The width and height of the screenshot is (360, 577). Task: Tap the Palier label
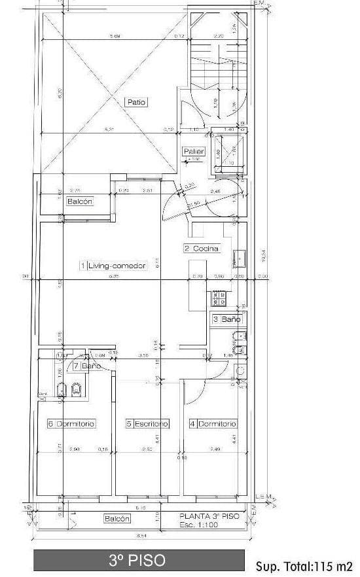pyautogui.click(x=194, y=152)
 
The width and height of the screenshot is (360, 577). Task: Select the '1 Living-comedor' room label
pyautogui.click(x=113, y=266)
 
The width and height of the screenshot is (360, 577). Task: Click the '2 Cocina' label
pyautogui.click(x=201, y=249)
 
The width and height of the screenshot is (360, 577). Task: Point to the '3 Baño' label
pyautogui.click(x=226, y=319)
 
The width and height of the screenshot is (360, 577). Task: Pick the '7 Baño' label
pyautogui.click(x=86, y=366)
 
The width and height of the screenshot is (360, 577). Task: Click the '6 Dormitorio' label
pyautogui.click(x=71, y=424)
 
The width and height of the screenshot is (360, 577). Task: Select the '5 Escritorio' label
pyautogui.click(x=147, y=424)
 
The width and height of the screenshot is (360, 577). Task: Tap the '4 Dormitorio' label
pyautogui.click(x=212, y=424)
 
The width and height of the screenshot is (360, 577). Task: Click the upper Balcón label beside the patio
pyautogui.click(x=80, y=202)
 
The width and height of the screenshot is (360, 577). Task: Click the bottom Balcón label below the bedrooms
pyautogui.click(x=117, y=519)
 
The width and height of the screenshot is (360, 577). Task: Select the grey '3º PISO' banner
pyautogui.click(x=137, y=561)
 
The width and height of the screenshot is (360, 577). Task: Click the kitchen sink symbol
pyautogui.click(x=240, y=258)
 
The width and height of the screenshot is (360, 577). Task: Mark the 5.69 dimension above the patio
pyautogui.click(x=115, y=36)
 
